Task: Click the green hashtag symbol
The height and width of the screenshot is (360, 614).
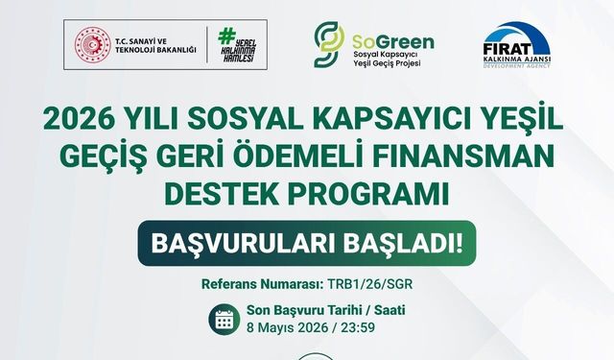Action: pyautogui.click(x=227, y=37)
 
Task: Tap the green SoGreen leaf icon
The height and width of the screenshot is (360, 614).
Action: pyautogui.click(x=327, y=44)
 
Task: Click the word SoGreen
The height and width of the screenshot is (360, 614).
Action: pyautogui.click(x=390, y=42)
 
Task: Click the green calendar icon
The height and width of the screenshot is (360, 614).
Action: pyautogui.click(x=224, y=319)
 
